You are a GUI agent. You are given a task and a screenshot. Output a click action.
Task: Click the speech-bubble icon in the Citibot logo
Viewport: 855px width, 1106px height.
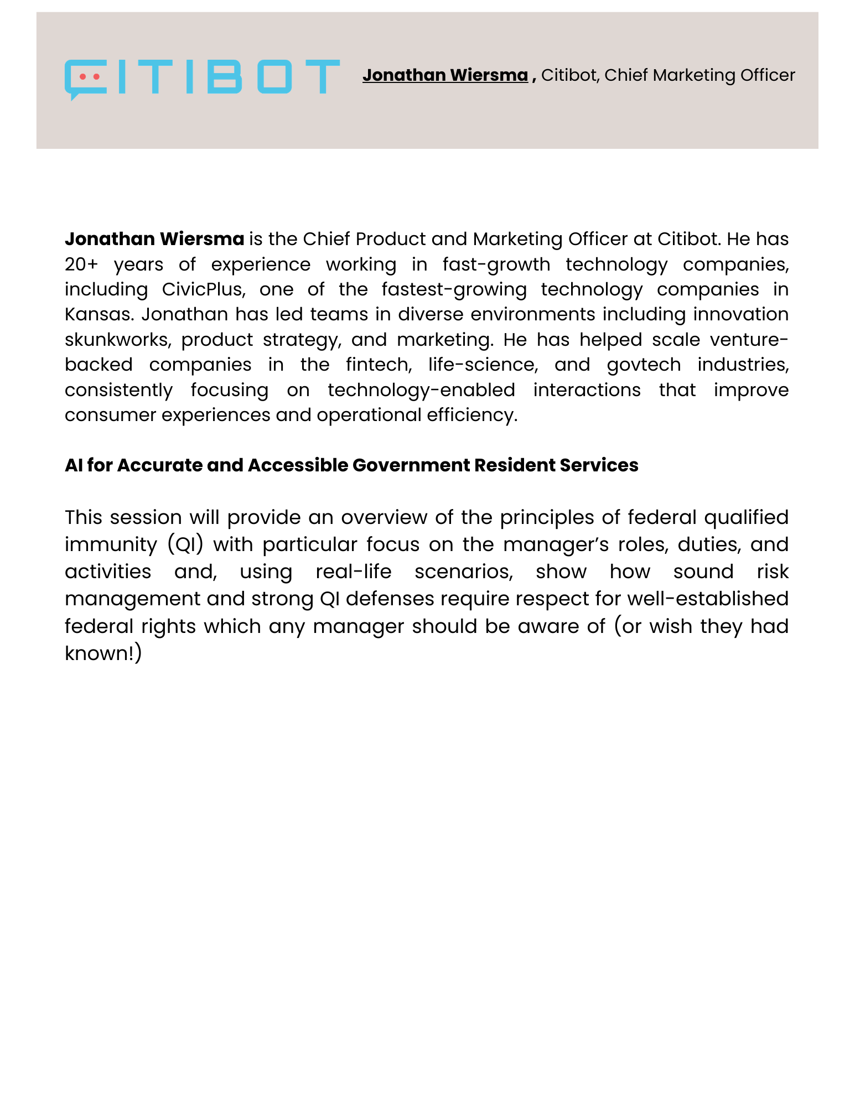(85, 79)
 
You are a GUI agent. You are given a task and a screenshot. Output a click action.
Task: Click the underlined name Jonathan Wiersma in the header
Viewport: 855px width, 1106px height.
(445, 75)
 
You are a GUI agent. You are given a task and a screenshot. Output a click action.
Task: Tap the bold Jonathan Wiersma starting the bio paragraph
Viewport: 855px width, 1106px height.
(154, 239)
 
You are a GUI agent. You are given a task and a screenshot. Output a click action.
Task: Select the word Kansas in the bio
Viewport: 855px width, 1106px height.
(99, 314)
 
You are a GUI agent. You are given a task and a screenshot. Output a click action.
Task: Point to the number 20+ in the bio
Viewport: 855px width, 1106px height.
(81, 264)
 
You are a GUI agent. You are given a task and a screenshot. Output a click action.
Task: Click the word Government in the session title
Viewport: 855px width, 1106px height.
(411, 465)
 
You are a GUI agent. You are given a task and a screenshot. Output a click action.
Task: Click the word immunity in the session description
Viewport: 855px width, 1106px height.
(111, 544)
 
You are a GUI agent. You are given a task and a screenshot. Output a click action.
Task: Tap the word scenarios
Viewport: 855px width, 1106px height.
(463, 572)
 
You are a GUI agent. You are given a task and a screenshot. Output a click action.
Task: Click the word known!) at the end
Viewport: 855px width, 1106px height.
(103, 653)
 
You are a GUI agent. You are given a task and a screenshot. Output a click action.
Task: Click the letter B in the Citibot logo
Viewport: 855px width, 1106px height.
(225, 77)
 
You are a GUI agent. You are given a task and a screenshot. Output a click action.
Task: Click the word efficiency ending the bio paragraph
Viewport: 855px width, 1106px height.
(471, 415)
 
